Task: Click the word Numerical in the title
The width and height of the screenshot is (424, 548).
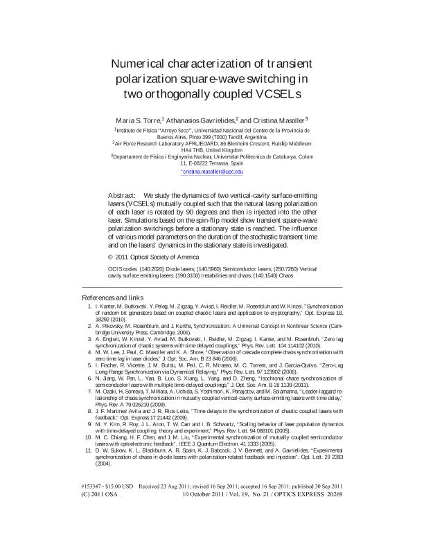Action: pyautogui.click(x=142, y=64)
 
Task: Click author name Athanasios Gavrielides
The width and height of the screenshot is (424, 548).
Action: pyautogui.click(x=200, y=119)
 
